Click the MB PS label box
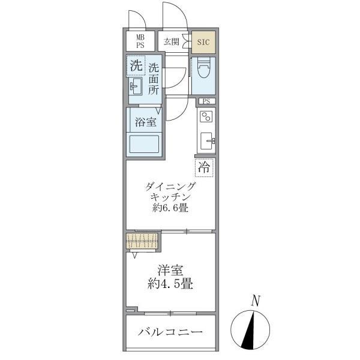(139, 41)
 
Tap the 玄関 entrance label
(171, 41)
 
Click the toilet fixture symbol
(202, 71)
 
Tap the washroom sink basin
(136, 88)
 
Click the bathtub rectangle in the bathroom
(144, 145)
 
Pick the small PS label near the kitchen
(206, 101)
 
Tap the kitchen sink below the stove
(207, 142)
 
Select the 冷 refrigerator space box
(205, 168)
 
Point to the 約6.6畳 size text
(170, 209)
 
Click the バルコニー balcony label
(170, 332)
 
